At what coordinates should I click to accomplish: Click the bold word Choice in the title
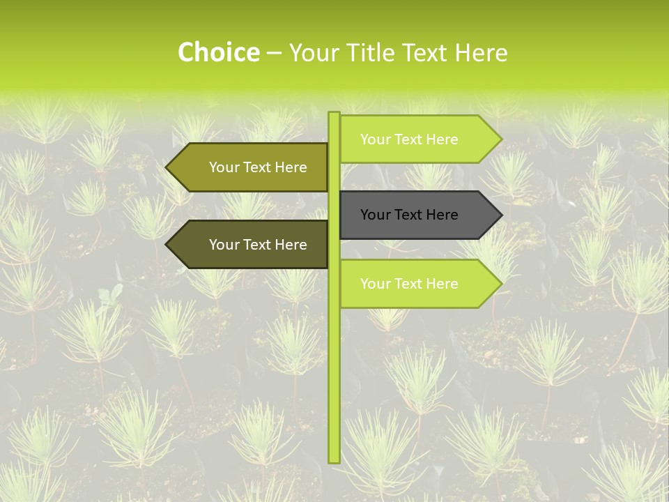[x=219, y=52]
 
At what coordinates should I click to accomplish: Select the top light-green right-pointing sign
[x=418, y=139]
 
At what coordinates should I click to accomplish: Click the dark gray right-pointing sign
[x=418, y=215]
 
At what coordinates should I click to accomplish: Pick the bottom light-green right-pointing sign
[x=418, y=284]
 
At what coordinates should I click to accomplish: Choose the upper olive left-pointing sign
[x=251, y=167]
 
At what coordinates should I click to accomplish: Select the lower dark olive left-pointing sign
[x=251, y=245]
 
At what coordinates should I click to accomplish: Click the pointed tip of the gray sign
[x=500, y=215]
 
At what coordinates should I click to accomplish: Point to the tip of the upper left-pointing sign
[x=168, y=167]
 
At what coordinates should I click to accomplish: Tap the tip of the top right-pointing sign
[x=500, y=139]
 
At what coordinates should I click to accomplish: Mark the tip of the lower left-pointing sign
[x=168, y=245]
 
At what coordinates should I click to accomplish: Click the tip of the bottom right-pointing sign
[x=500, y=284]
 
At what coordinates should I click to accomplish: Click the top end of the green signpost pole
[x=334, y=114]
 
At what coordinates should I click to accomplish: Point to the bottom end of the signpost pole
[x=334, y=460]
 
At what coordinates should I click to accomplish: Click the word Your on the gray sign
[x=376, y=215]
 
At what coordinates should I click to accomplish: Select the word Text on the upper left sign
[x=258, y=167]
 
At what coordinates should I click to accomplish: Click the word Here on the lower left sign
[x=290, y=245]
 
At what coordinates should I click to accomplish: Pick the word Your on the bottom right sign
[x=376, y=284]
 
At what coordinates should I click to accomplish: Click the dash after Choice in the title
[x=274, y=53]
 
